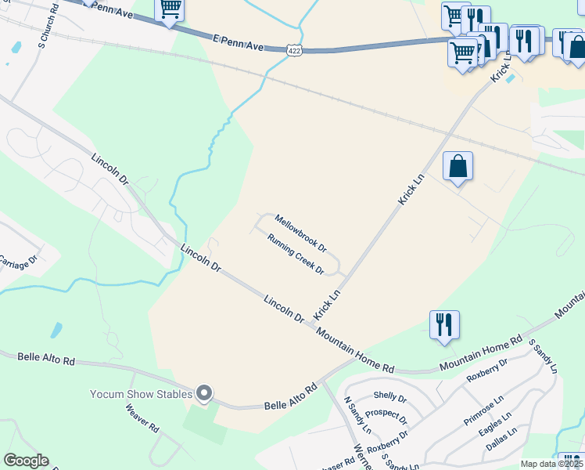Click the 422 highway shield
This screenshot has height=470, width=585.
294,49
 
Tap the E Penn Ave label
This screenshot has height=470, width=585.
239,42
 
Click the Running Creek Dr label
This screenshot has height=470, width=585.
296,255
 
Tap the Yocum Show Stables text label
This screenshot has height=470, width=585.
141,393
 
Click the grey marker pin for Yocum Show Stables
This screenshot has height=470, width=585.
204,393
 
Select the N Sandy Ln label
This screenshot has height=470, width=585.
357,415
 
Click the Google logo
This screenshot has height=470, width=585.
26,461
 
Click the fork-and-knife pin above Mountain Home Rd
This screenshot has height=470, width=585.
444,324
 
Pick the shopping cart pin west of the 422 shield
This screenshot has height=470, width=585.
170,10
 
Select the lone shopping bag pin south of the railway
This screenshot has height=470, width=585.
458,166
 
